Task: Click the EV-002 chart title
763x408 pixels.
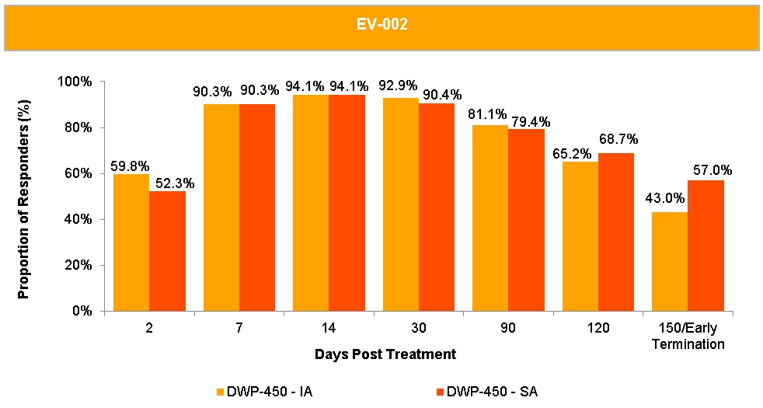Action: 381,25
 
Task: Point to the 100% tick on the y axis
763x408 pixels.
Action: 76,82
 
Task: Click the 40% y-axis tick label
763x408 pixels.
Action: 78,219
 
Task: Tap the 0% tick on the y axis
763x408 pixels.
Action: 82,311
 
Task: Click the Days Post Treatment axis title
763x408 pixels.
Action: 385,354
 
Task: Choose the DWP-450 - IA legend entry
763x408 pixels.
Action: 263,392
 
